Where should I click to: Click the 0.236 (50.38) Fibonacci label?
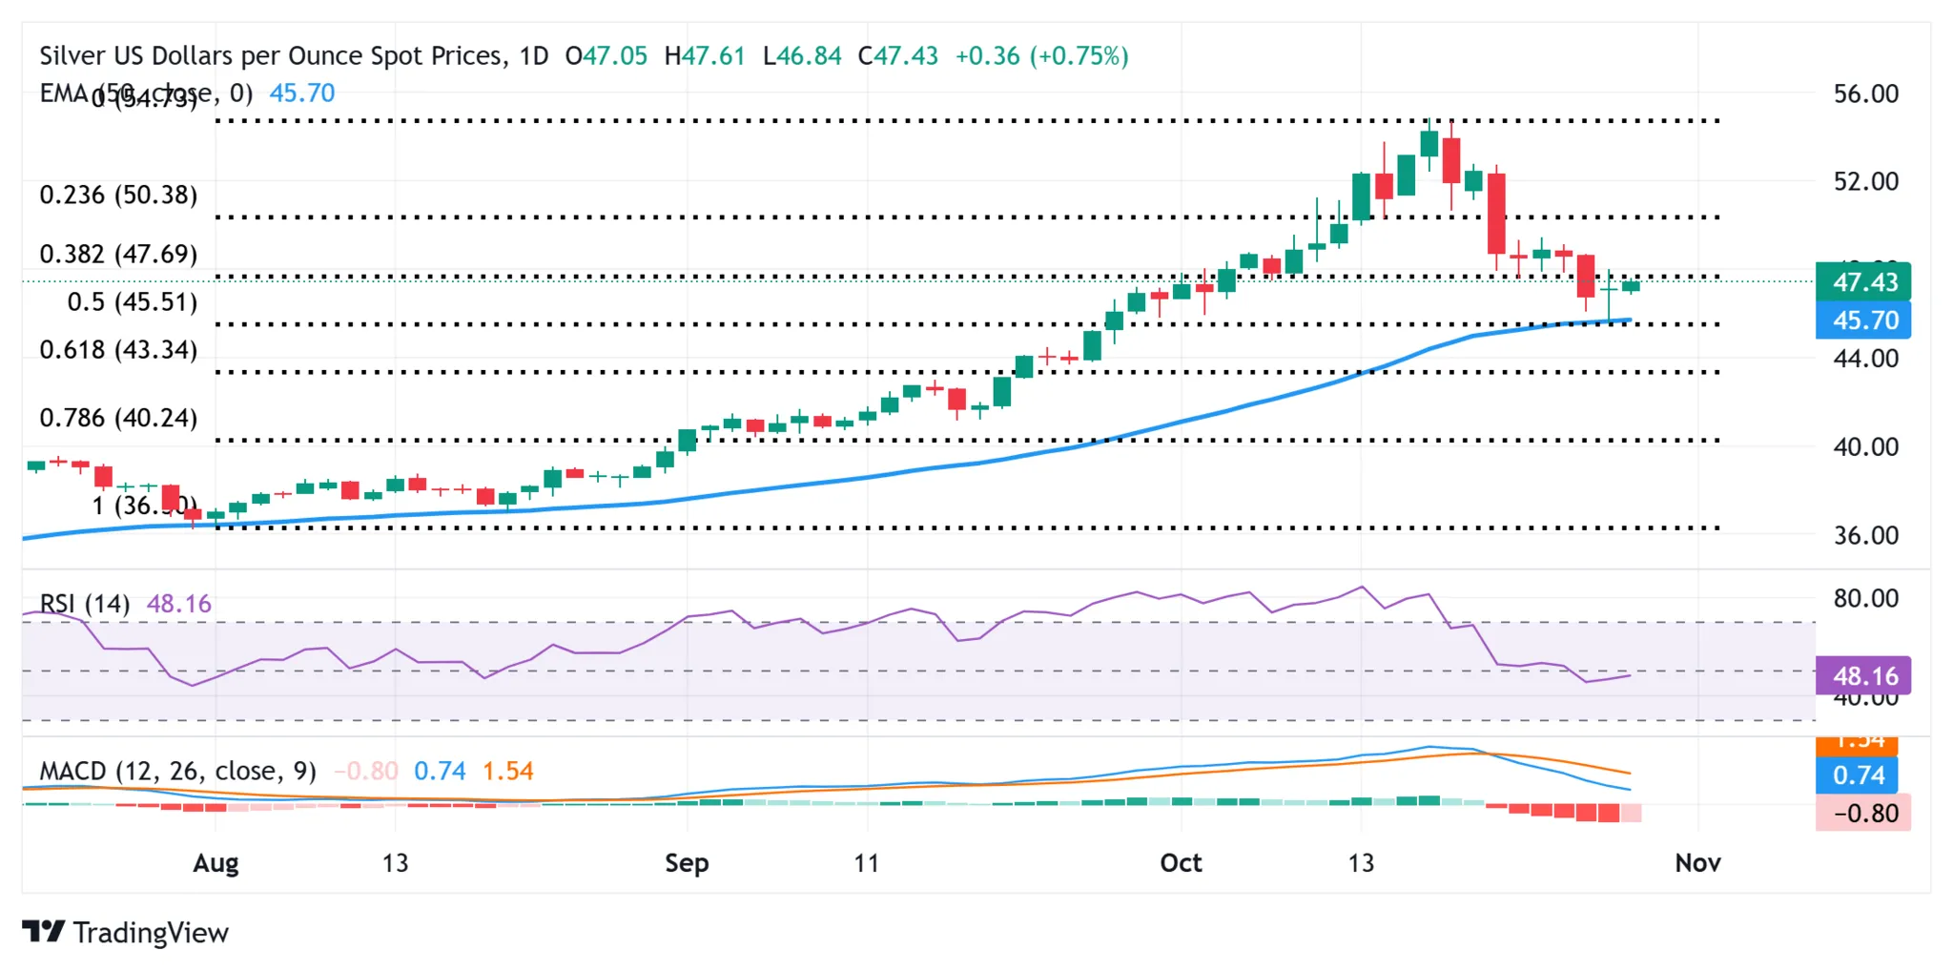pos(118,196)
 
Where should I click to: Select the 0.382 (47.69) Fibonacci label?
pos(118,255)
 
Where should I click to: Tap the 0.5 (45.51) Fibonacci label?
pos(133,302)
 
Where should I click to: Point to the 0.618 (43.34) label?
pos(118,350)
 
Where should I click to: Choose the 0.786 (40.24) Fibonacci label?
pos(118,418)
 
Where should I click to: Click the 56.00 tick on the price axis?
pos(1865,93)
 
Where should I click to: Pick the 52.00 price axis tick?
pos(1865,181)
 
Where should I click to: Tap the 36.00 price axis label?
pos(1865,535)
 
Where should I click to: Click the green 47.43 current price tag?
pos(1863,282)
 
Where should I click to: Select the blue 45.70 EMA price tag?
pos(1863,320)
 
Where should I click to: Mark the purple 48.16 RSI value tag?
pos(1863,676)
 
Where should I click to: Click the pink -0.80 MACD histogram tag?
pos(1863,814)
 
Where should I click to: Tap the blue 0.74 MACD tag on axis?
pos(1859,775)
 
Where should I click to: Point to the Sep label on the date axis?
pos(687,863)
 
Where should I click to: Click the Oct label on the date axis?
pos(1181,863)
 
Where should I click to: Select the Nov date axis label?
pos(1697,863)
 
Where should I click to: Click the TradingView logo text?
pos(150,933)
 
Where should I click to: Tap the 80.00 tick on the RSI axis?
pos(1865,599)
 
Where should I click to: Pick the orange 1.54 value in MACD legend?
pos(507,771)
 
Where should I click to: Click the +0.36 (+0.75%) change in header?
pos(1041,56)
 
